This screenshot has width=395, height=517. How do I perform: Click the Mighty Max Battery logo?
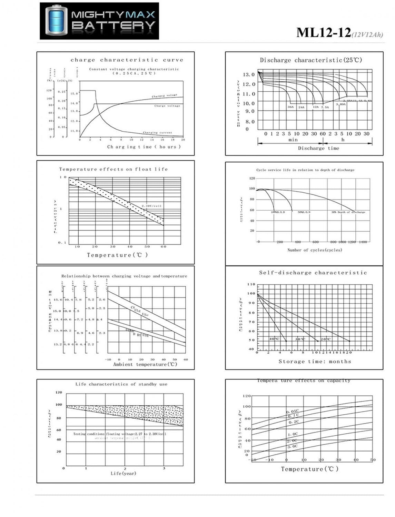point(99,21)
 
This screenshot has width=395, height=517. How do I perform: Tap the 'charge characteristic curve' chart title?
point(127,60)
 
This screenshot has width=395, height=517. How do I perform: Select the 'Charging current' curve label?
point(157,133)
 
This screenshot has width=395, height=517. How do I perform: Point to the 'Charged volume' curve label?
point(164,96)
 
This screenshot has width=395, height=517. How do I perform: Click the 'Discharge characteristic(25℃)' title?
point(311,60)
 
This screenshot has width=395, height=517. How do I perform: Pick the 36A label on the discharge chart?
point(290,107)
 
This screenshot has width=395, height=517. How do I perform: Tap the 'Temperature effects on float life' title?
point(113,169)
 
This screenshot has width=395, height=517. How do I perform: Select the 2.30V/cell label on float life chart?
point(151,206)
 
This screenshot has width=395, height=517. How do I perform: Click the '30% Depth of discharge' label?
point(348,212)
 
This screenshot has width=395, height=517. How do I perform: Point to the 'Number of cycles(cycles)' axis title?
point(315,250)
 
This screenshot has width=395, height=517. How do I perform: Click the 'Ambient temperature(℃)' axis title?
point(145,364)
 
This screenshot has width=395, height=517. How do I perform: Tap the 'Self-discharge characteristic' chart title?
point(313,273)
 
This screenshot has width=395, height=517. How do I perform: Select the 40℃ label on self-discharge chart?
point(275,339)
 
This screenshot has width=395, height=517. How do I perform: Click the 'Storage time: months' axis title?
point(315,362)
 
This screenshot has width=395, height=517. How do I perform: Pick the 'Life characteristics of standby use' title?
point(121,384)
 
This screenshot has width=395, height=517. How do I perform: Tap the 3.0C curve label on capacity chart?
point(292,446)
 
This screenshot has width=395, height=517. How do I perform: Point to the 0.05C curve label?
point(292,412)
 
